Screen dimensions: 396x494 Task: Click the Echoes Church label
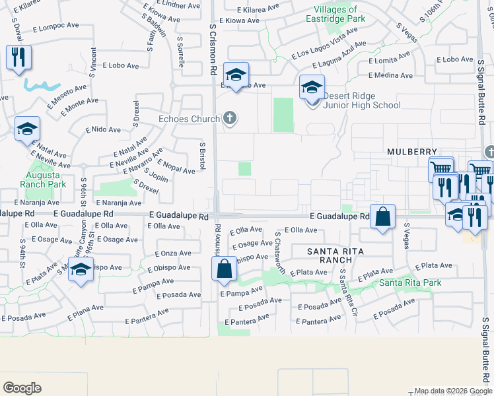(189, 119)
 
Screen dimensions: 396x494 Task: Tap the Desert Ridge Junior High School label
(361, 100)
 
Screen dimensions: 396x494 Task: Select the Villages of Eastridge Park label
(336, 15)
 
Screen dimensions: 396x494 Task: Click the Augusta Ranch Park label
(47, 180)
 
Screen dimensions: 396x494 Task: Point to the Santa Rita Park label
(410, 283)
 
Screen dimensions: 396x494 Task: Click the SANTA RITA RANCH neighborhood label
(335, 255)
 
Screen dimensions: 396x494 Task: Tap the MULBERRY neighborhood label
(413, 151)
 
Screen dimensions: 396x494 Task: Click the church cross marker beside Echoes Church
(230, 119)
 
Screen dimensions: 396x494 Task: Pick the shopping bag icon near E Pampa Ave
(224, 268)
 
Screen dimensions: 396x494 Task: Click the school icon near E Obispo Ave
(81, 271)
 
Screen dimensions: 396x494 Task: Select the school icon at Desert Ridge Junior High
(312, 86)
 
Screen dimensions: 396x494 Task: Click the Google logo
(22, 388)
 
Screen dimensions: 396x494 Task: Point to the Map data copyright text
(452, 391)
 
